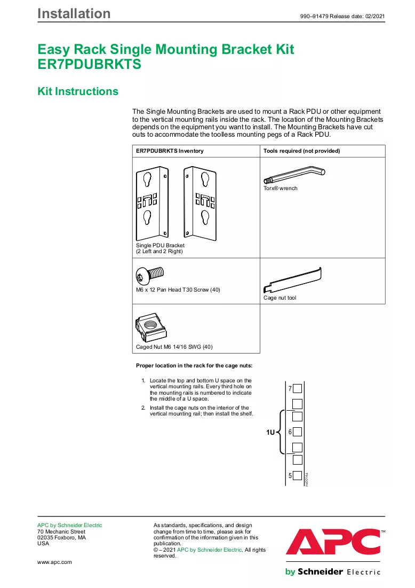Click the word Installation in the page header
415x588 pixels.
coord(74,13)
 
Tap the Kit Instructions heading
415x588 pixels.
coord(78,91)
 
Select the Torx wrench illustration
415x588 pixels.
coord(294,176)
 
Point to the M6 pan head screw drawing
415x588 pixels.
coord(149,276)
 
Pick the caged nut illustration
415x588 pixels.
coord(150,327)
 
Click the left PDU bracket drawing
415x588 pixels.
coord(152,203)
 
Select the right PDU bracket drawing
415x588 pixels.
coord(200,203)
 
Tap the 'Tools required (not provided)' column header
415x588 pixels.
coord(301,151)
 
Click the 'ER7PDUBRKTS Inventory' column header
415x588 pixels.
coord(170,151)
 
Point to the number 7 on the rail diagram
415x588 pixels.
coord(290,388)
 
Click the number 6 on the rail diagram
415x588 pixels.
coord(290,432)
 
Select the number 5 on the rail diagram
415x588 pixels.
coord(290,475)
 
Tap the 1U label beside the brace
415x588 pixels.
coord(270,433)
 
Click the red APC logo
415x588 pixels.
coord(333,542)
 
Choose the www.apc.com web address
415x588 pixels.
coord(54,562)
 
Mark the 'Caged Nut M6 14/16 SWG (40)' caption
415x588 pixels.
coord(174,347)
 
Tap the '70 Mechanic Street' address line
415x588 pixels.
coord(61,531)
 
